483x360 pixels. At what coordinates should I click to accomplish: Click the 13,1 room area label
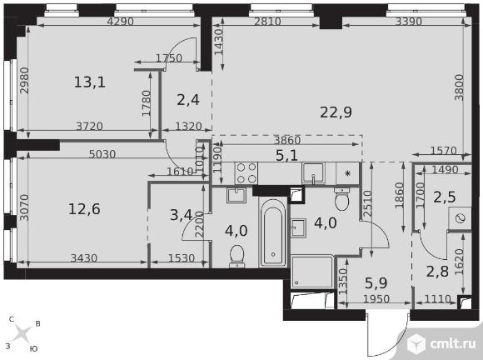90,82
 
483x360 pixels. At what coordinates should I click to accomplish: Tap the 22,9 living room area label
336,112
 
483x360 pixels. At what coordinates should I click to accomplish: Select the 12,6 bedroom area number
84,209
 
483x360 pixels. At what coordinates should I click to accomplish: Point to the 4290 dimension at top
120,22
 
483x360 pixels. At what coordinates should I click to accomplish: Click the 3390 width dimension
408,22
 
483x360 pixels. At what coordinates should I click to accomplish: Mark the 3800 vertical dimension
460,87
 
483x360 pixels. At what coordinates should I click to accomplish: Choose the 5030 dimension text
102,154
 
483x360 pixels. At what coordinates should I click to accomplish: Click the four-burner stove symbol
246,173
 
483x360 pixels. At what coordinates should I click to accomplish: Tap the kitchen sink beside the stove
314,173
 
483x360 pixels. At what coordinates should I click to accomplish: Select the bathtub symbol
273,232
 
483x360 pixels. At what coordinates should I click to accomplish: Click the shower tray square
312,272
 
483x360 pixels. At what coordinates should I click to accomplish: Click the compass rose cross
23,334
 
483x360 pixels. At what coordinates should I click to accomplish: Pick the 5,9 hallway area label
376,282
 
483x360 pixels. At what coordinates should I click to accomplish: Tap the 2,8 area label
437,271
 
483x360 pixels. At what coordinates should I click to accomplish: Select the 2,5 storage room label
445,197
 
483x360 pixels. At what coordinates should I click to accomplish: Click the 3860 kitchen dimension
287,140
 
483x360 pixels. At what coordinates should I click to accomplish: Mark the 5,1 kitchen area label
286,155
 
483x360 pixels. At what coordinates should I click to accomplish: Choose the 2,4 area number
188,100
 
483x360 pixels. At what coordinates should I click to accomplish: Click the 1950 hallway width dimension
376,298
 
